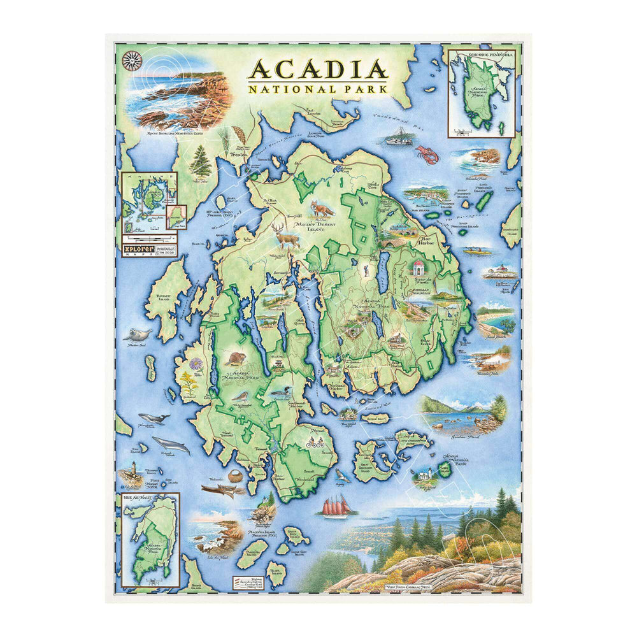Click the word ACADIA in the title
pyautogui.click(x=318, y=69)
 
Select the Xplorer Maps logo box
pyautogui.click(x=148, y=247)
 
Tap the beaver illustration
pyautogui.click(x=234, y=359)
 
